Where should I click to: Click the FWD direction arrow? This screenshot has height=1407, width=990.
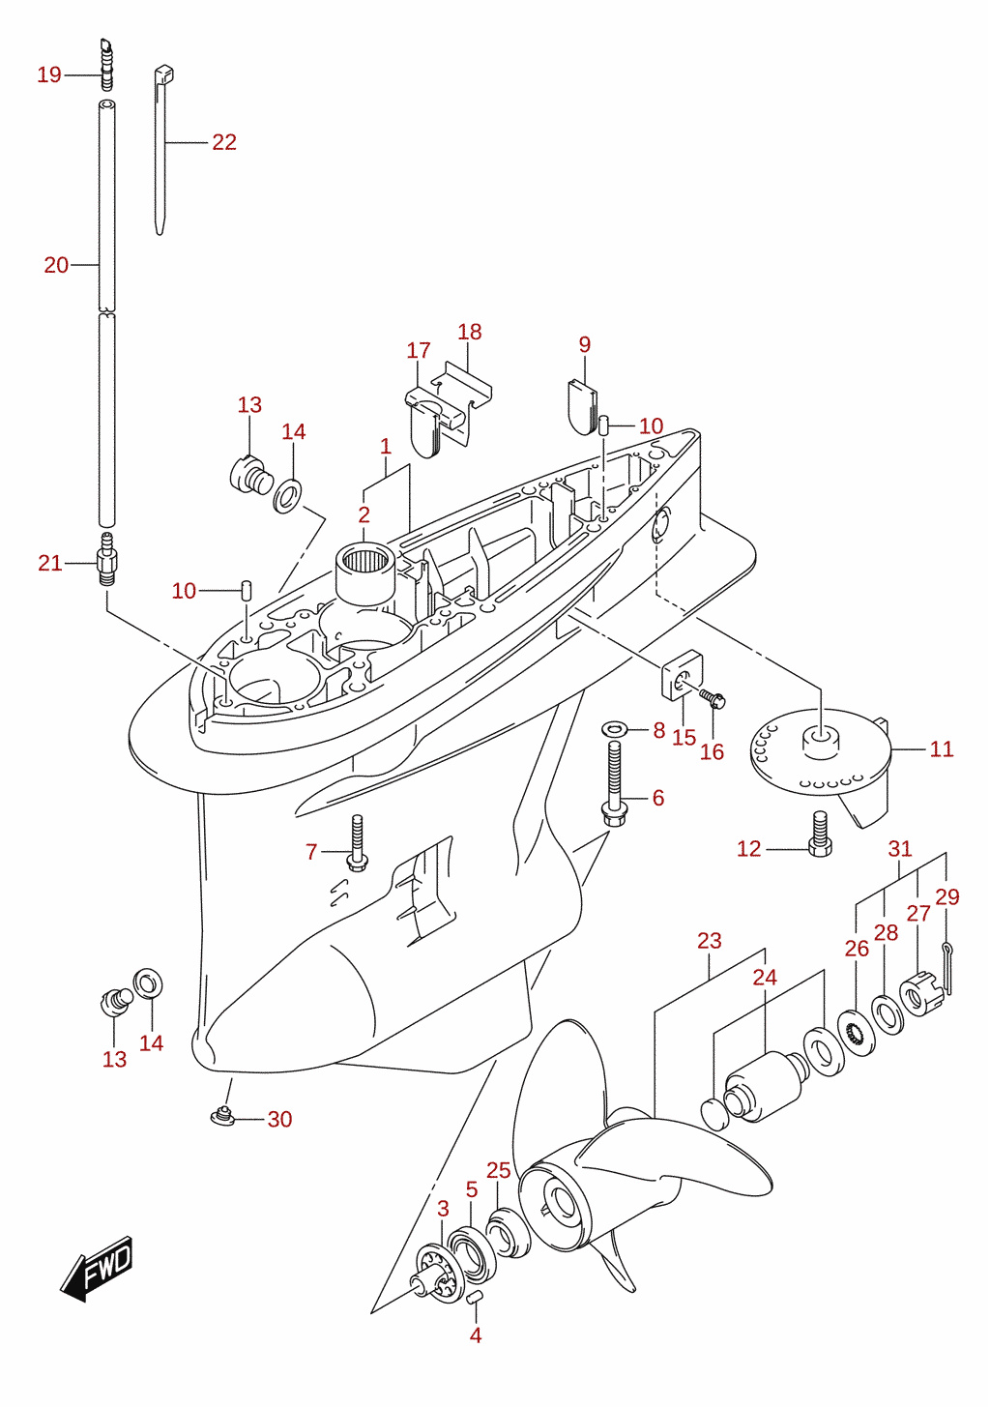tap(96, 1269)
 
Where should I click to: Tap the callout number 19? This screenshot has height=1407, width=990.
tap(49, 74)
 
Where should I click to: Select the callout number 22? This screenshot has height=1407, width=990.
tap(224, 142)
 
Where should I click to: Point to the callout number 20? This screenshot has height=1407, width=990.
tap(56, 265)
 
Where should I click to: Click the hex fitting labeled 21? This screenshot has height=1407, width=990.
tap(106, 558)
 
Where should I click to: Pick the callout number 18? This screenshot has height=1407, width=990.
tap(469, 332)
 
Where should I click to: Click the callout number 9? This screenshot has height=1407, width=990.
tap(585, 344)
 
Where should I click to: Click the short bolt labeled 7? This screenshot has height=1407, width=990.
tap(358, 843)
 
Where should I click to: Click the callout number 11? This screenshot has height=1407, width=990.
tap(941, 749)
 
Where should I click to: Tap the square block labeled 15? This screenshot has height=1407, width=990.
tap(683, 676)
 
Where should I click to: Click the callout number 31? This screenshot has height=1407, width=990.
tap(899, 849)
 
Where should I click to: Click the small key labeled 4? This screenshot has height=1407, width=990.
tap(476, 1297)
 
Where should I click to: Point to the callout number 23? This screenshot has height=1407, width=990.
tap(710, 940)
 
